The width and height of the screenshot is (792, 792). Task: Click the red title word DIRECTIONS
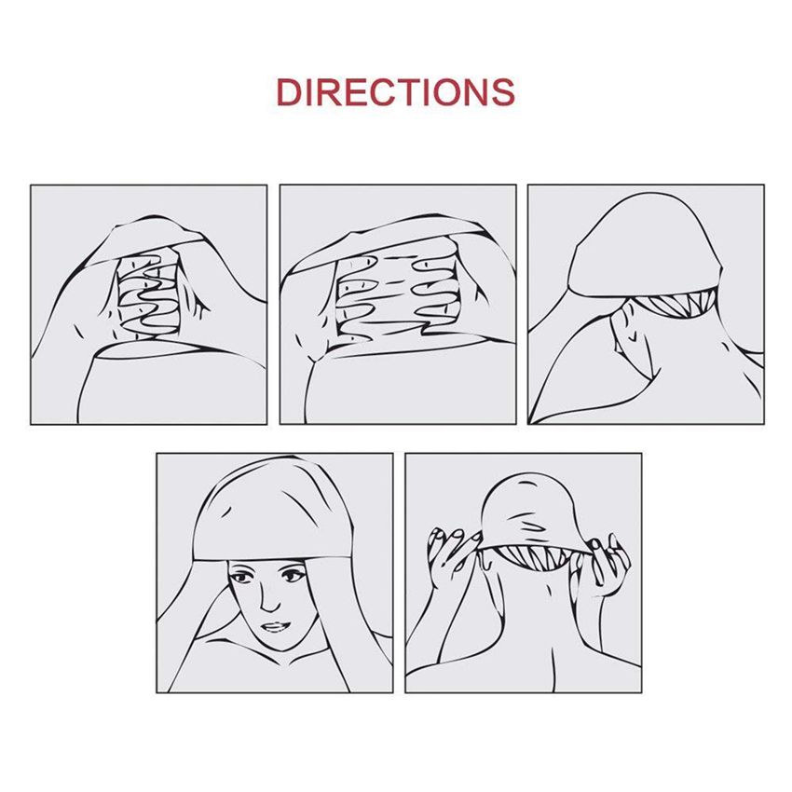coord(395,92)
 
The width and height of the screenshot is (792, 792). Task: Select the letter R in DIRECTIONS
coord(333,92)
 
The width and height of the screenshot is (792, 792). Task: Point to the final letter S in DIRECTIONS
coord(502,92)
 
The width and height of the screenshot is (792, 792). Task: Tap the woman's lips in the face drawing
coord(275,627)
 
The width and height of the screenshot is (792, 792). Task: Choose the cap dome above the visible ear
coord(644,245)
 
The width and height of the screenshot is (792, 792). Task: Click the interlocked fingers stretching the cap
coord(149,295)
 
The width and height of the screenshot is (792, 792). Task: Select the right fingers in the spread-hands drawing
coord(434,293)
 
